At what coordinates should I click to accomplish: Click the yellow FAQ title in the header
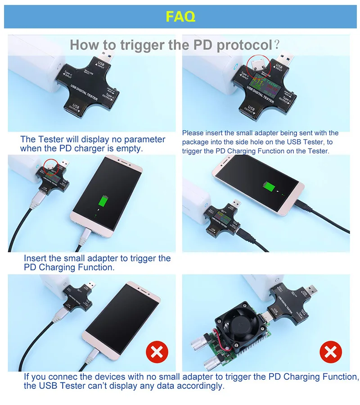coord(180,17)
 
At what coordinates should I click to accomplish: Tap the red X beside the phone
coord(157,351)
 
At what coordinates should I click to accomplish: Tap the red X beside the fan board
coord(331,351)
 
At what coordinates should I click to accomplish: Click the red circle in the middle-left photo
coord(51,166)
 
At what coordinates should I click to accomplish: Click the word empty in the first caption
coord(130,148)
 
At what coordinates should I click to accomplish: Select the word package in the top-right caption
coord(196,142)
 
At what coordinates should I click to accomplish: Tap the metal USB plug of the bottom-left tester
coord(90,286)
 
